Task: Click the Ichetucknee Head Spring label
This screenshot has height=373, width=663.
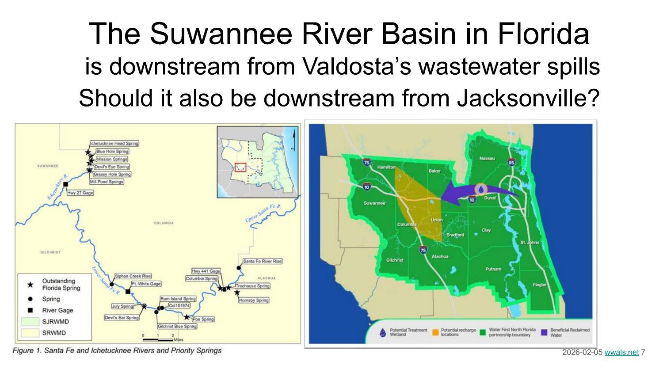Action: click(x=114, y=143)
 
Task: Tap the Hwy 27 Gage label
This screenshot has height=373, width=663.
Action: click(x=80, y=193)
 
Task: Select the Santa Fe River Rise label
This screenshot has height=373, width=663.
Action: click(x=262, y=261)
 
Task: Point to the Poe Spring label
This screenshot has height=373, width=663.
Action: click(x=203, y=319)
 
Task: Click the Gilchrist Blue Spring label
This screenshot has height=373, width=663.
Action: click(x=177, y=326)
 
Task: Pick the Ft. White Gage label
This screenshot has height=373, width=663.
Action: click(x=146, y=284)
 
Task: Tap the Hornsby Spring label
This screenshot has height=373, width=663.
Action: click(x=253, y=300)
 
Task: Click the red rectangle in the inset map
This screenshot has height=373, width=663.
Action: click(x=240, y=167)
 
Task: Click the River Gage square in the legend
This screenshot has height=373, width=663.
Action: click(x=30, y=310)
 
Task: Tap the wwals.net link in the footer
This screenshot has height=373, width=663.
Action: click(x=621, y=352)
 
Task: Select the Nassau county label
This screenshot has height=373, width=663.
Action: click(x=487, y=158)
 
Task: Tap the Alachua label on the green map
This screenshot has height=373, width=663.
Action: click(x=440, y=256)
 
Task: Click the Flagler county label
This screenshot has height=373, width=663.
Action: click(x=539, y=285)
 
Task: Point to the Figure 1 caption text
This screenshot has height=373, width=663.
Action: click(x=117, y=350)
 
